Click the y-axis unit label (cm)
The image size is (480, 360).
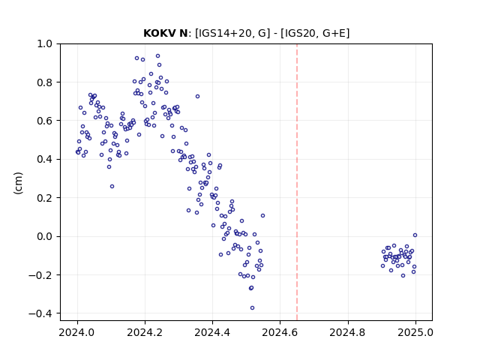pos(18,183)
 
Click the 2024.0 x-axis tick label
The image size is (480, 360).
pos(77,332)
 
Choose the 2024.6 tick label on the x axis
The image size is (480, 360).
pos(280,332)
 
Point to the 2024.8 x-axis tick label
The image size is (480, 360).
pos(348,332)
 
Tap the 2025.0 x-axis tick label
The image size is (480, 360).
pos(415,332)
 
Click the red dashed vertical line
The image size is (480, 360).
pos(297,182)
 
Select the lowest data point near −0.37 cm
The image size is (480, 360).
pos(252,308)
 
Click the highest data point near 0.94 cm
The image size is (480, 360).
pos(158,56)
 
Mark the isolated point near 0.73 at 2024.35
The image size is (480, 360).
pos(197,97)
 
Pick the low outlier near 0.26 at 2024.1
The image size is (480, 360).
pos(112,187)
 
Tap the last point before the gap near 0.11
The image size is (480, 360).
pos(262,216)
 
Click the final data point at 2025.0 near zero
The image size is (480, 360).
pos(415,235)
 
